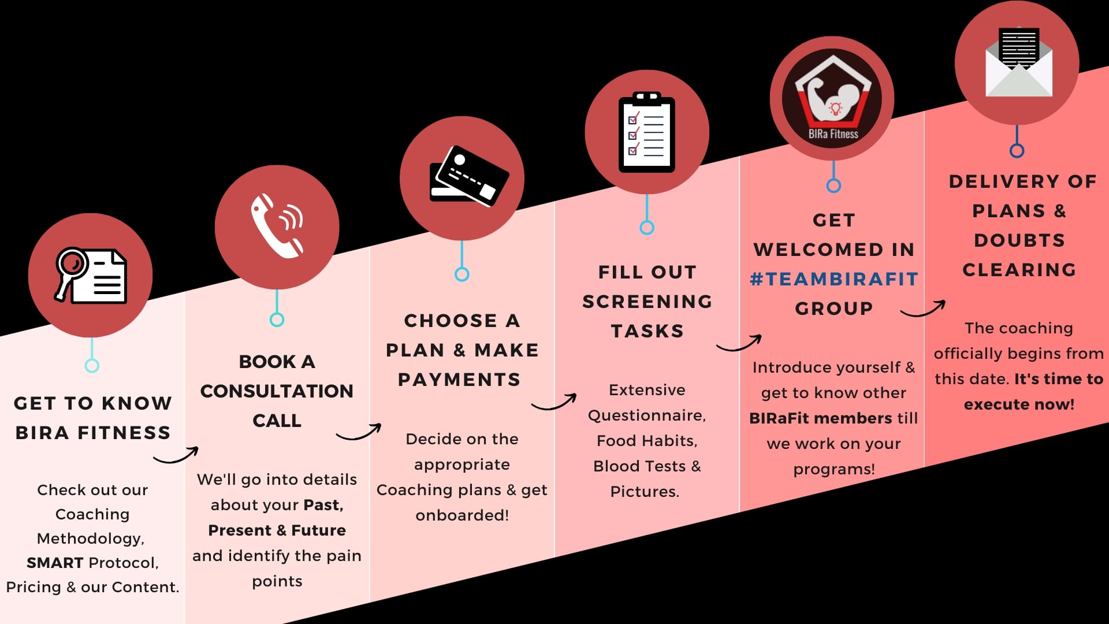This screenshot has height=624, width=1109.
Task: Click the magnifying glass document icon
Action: (x=91, y=275)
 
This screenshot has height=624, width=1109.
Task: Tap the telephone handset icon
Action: (x=277, y=226)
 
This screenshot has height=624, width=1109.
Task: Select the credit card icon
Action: (x=468, y=176)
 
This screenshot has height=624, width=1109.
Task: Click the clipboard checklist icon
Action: (x=647, y=132)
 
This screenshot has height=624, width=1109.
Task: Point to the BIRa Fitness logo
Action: (x=832, y=99)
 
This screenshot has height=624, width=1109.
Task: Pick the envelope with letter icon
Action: (x=1019, y=62)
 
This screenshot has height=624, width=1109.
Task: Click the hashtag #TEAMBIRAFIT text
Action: (x=833, y=279)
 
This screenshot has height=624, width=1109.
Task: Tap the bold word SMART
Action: (x=55, y=563)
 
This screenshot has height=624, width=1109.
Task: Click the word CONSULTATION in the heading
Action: (x=277, y=391)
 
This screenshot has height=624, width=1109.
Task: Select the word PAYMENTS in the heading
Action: (x=459, y=380)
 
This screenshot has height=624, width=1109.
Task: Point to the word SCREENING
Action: (x=647, y=302)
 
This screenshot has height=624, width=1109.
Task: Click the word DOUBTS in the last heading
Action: (x=1019, y=240)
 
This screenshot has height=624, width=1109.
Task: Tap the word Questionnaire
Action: (x=646, y=415)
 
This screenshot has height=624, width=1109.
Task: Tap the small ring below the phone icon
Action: (x=277, y=320)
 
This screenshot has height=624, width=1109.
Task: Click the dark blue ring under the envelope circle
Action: (x=1017, y=151)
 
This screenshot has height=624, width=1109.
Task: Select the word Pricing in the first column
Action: (x=34, y=588)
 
